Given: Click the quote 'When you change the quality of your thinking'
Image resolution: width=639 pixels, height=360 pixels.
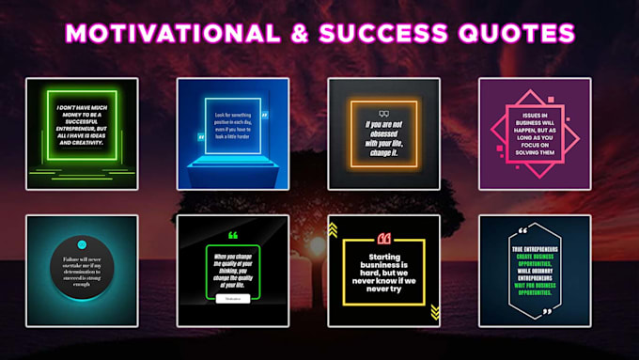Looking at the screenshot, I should pyautogui.click(x=232, y=268).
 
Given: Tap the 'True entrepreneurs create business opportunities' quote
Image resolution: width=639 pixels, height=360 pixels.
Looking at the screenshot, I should pyautogui.click(x=536, y=272).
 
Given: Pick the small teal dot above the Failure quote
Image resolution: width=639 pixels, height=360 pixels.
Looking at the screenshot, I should pyautogui.click(x=82, y=244).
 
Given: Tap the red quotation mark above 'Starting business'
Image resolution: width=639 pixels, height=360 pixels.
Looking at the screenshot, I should pyautogui.click(x=383, y=238).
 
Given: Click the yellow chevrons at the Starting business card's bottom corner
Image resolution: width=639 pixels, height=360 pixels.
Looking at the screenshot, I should pyautogui.click(x=434, y=312).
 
